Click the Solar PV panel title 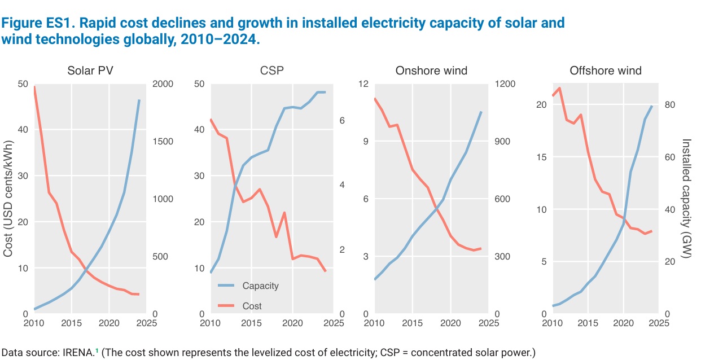click(x=90, y=71)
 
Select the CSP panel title click(x=271, y=71)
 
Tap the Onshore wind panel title click(x=431, y=71)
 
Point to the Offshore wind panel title click(x=606, y=71)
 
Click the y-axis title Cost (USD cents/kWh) click(x=8, y=199)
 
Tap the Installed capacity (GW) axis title click(x=686, y=199)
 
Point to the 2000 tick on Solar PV click(x=163, y=84)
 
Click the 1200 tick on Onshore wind click(x=505, y=84)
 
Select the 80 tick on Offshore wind click(x=670, y=104)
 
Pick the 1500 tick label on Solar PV click(x=163, y=142)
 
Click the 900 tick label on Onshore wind click(x=502, y=142)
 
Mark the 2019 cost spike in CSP click(x=284, y=213)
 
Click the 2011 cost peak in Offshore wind click(x=559, y=88)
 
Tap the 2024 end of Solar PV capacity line click(x=139, y=100)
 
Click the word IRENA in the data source click(x=78, y=353)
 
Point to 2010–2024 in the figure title click(x=220, y=39)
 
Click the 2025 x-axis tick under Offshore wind click(x=659, y=323)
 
